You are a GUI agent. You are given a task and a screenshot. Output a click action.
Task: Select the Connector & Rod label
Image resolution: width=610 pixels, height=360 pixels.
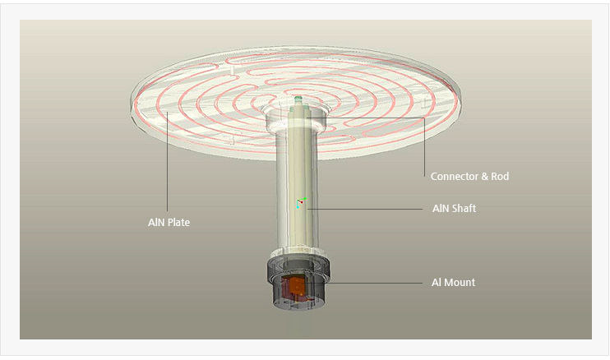tap(469, 176)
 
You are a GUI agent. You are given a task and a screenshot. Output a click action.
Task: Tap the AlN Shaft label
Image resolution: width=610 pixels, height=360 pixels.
tap(454, 209)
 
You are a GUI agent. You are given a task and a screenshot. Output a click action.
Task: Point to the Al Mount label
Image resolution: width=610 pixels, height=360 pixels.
tap(453, 283)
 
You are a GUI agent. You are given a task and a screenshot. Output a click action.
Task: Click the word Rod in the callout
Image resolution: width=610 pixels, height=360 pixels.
tap(499, 176)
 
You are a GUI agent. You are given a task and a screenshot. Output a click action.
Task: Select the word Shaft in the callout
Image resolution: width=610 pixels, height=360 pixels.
tap(463, 209)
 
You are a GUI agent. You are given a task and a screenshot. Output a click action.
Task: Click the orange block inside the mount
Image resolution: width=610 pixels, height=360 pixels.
tap(293, 287)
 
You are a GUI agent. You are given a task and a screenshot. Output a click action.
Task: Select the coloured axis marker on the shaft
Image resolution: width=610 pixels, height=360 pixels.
tap(300, 202)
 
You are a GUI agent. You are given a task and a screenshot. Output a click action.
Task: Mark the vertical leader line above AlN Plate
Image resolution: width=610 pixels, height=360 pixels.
tap(167, 164)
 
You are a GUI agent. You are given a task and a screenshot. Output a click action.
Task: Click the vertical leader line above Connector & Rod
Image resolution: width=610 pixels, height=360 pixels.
tap(424, 144)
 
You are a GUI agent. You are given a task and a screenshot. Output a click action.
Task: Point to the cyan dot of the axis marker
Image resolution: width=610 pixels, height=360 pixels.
tap(298, 206)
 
